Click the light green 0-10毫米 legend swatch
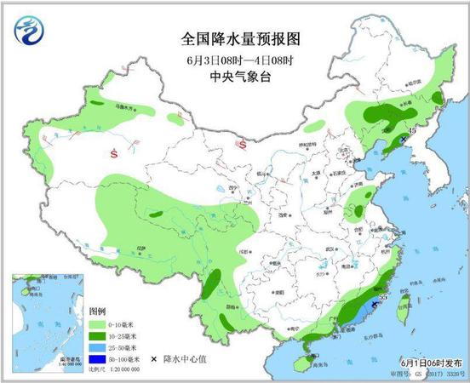(97, 324)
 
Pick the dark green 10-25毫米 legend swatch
(97, 336)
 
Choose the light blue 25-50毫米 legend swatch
(97, 348)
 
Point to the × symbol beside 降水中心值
(154, 360)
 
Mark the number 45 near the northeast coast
(412, 130)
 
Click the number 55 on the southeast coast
(383, 296)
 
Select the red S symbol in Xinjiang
(114, 153)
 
